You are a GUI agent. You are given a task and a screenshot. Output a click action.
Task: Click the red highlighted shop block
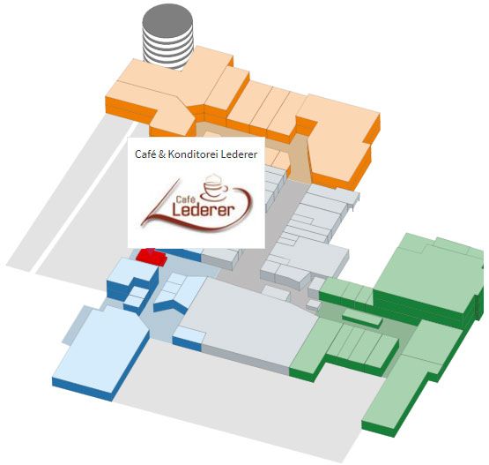coord(152,258)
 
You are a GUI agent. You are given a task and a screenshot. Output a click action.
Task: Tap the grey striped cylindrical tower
coord(167,37)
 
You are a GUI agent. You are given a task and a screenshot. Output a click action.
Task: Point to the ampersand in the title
coord(162,154)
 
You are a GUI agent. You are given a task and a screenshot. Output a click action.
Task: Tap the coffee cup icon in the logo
coord(215,188)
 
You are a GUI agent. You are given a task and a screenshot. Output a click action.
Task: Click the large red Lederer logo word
coord(204,210)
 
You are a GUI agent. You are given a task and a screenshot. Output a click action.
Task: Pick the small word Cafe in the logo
coord(185,199)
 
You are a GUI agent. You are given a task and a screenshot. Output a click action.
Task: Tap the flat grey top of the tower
coord(167,20)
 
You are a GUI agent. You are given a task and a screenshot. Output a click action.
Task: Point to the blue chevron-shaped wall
coord(170,305)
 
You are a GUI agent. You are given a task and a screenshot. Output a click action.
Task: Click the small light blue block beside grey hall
coord(189,338)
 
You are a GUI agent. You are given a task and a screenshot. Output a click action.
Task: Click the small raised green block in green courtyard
coord(362,318)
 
